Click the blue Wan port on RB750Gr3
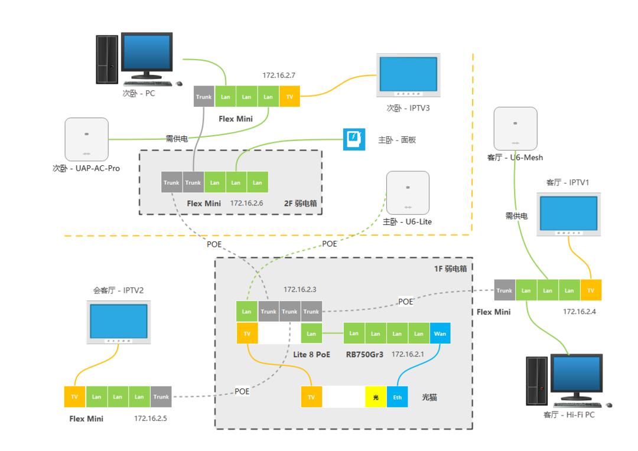coord(440,334)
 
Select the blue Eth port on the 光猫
coord(397,397)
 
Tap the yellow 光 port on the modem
coord(376,397)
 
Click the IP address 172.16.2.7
coord(279,76)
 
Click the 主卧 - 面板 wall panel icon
coord(354,139)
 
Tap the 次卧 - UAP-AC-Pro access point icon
coord(86,140)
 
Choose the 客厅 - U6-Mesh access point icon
coord(515,128)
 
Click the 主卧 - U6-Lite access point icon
coord(406,193)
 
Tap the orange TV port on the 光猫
coord(311,397)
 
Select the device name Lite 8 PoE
coord(312,355)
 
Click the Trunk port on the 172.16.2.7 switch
coord(204,97)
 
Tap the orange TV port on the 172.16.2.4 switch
coord(590,290)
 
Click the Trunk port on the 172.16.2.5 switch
coord(161,397)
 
